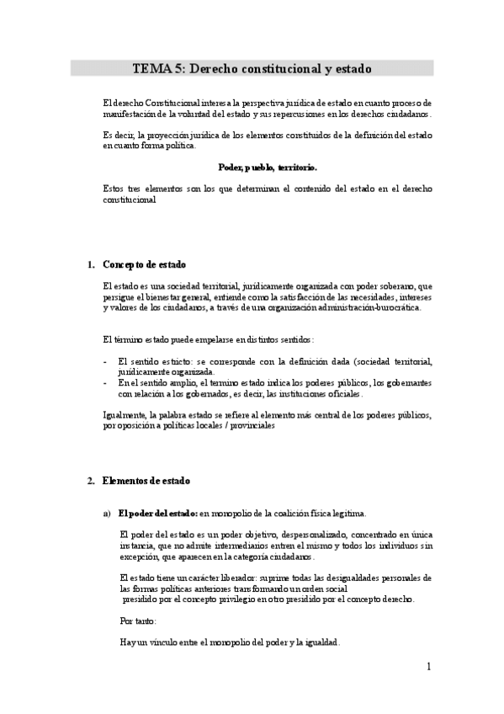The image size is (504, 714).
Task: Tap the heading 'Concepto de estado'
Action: (x=144, y=264)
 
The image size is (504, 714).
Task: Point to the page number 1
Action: (x=428, y=667)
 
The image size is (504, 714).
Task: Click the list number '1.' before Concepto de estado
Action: (x=91, y=264)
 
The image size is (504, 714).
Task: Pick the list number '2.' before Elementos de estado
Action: (x=91, y=481)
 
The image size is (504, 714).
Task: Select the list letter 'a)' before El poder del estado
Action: (x=108, y=513)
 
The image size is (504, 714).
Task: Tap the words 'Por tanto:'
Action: (x=139, y=621)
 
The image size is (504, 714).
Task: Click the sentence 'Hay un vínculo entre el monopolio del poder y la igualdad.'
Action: (x=231, y=642)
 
